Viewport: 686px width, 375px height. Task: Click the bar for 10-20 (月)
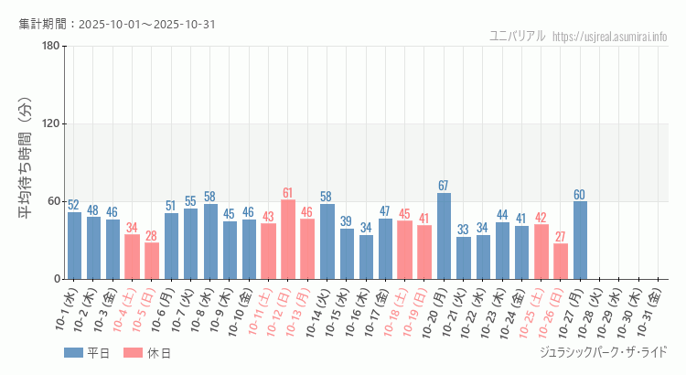pyautogui.click(x=444, y=236)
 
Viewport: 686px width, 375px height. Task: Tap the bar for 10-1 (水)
pyautogui.click(x=74, y=245)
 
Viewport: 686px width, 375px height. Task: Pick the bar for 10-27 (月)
pyautogui.click(x=580, y=240)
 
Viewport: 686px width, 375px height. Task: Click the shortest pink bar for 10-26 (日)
pyautogui.click(x=561, y=262)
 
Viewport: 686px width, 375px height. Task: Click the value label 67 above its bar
pyautogui.click(x=444, y=186)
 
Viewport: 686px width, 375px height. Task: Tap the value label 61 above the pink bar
pyautogui.click(x=287, y=193)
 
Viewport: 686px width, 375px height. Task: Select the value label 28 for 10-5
pyautogui.click(x=151, y=236)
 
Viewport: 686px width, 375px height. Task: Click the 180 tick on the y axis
pyautogui.click(x=51, y=47)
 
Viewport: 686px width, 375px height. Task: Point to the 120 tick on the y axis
pyautogui.click(x=51, y=124)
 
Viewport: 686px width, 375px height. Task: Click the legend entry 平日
pyautogui.click(x=88, y=353)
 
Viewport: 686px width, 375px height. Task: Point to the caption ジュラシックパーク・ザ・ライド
pyautogui.click(x=604, y=352)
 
